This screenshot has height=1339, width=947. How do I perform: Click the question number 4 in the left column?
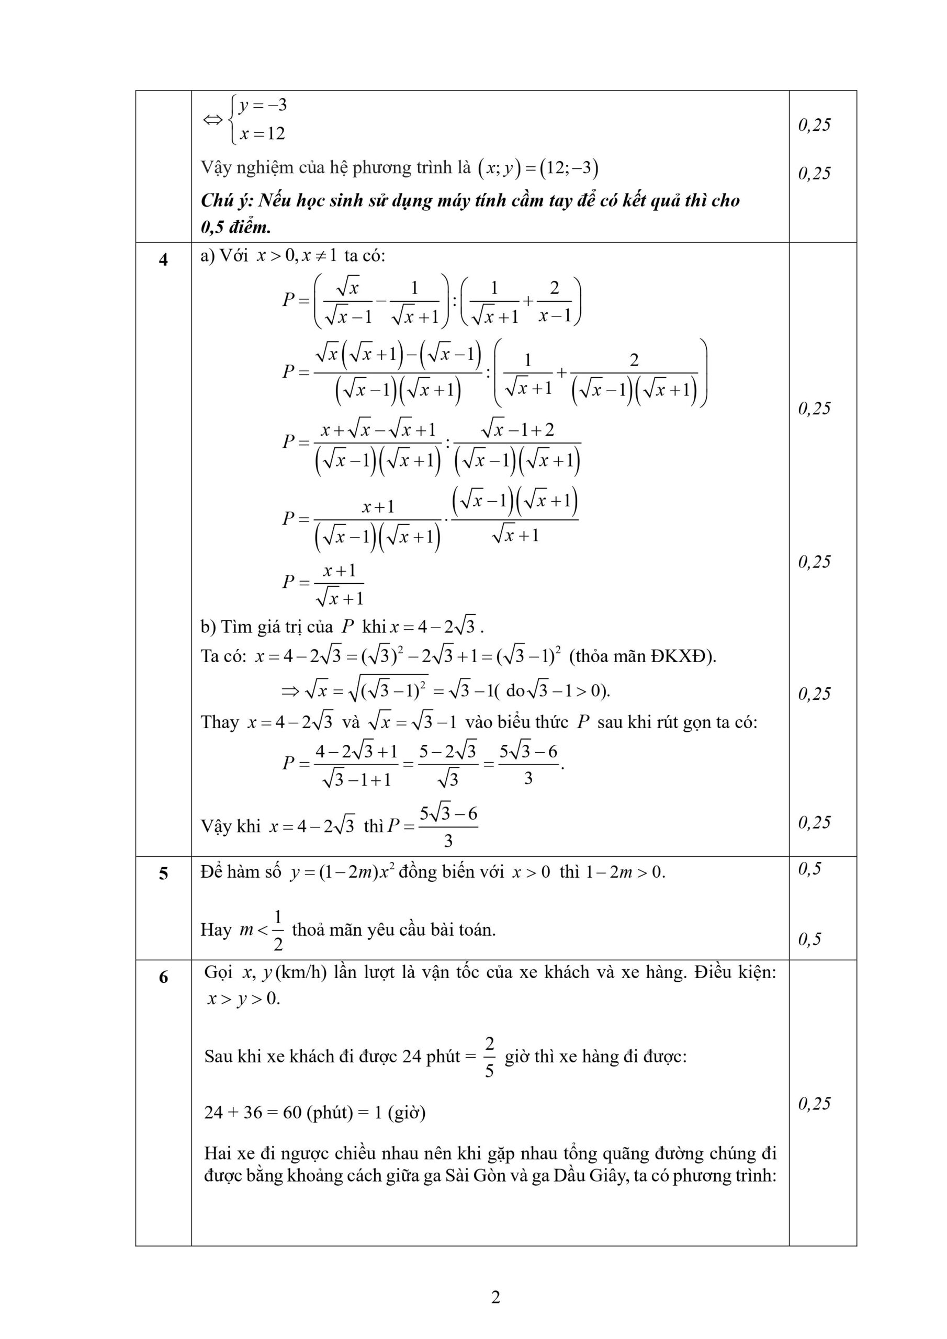(163, 259)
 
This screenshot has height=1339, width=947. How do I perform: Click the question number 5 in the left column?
(163, 873)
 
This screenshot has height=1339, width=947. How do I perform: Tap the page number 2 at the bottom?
(495, 1297)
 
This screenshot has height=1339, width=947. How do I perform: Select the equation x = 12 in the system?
(262, 133)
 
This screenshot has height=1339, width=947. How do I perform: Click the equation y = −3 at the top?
(263, 106)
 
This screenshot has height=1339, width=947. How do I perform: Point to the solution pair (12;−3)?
(569, 168)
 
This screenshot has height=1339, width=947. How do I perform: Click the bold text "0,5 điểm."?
(236, 228)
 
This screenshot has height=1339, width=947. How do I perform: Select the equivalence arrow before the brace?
(212, 120)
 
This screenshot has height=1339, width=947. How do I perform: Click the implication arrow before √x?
(290, 691)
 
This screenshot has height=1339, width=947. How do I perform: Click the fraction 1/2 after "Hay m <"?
(278, 929)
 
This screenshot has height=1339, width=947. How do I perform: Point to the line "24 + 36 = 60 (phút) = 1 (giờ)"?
(314, 1113)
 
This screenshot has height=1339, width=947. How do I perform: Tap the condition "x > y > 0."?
(244, 998)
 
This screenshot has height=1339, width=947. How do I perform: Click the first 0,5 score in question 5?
(809, 869)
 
